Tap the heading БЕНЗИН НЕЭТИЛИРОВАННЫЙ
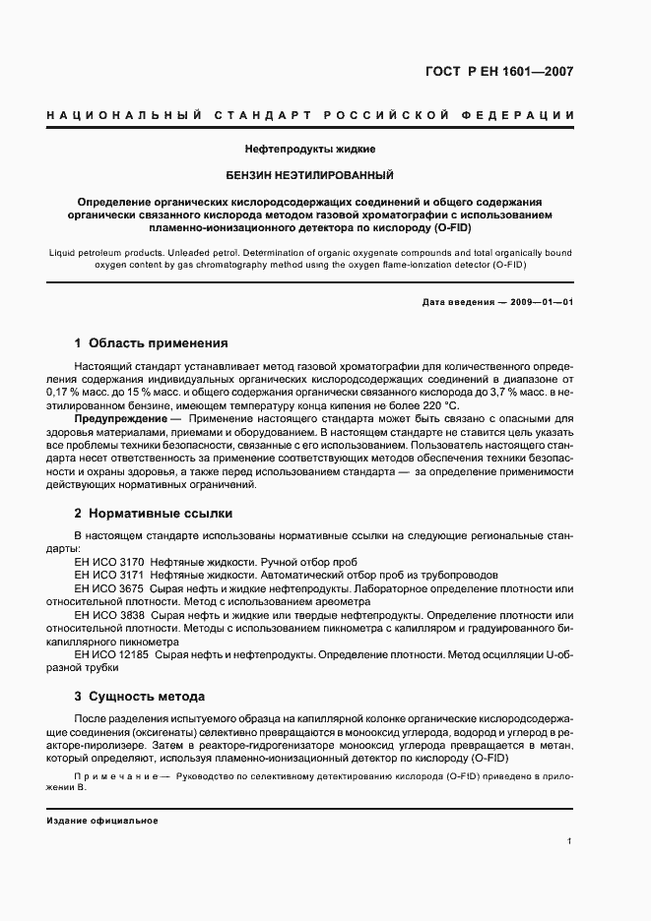click(310, 174)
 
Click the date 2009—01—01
click(539, 302)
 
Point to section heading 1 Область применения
click(151, 343)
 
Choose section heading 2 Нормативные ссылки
click(153, 514)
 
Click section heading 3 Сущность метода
click(139, 697)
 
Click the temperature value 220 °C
click(438, 405)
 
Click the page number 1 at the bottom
click(570, 841)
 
